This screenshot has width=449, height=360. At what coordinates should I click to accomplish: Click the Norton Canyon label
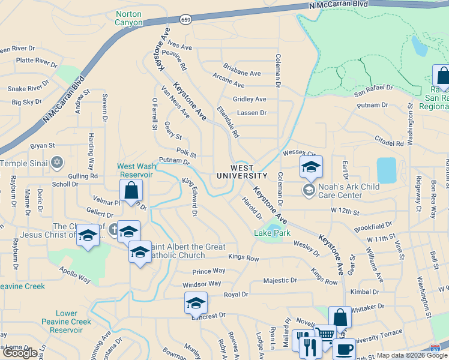(129, 18)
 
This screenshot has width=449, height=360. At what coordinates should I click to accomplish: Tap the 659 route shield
(185, 19)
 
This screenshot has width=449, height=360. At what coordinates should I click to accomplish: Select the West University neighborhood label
(243, 172)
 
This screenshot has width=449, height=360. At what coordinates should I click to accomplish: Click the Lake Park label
(273, 233)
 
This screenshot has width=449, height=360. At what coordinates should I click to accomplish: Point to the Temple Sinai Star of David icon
(57, 163)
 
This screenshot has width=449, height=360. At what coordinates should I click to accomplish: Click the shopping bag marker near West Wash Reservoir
(131, 191)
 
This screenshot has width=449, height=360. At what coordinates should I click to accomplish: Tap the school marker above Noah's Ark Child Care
(311, 168)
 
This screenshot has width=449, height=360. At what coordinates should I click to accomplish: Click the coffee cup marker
(345, 349)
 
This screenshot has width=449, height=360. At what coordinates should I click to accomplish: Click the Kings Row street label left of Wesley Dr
(243, 258)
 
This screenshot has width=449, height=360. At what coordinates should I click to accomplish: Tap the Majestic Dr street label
(280, 280)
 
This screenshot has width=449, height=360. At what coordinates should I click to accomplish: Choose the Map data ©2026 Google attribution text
(403, 355)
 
